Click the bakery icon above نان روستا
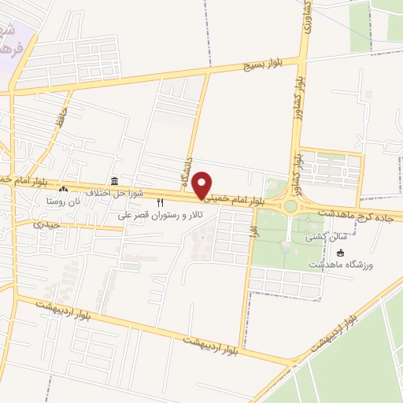64,190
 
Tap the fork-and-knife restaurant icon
161,202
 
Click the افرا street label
253,230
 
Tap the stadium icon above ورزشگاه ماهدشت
340,252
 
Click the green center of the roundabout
291,206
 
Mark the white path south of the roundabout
291,228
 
